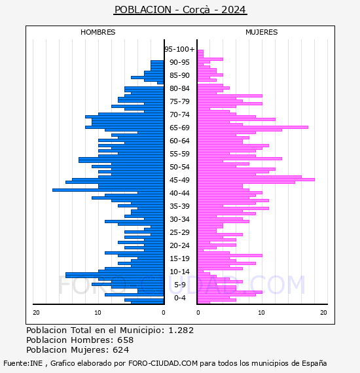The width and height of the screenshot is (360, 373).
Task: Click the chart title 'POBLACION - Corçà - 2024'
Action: [180, 10]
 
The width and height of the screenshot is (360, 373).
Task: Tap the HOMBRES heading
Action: [98, 32]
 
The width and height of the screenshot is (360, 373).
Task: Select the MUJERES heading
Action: [262, 32]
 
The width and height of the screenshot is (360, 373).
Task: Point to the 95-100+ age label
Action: [179, 49]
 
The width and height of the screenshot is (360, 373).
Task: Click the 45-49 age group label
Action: [179, 180]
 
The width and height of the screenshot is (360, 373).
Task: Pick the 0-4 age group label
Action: [179, 298]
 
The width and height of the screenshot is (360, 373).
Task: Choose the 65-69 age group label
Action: [179, 128]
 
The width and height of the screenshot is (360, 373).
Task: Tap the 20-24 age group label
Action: [179, 245]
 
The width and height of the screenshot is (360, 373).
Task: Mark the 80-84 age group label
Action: [179, 88]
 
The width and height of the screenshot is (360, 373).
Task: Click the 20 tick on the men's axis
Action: [36, 313]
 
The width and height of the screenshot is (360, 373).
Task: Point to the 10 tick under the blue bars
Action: [98, 313]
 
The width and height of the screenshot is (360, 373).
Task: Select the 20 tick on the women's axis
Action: [323, 313]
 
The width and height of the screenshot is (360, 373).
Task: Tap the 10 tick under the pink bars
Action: [261, 313]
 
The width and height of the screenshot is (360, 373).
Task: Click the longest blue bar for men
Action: [108, 190]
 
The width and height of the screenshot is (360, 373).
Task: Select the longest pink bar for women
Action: [256, 179]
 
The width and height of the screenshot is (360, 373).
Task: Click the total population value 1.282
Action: [181, 330]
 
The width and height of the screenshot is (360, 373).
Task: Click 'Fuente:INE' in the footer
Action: [23, 363]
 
